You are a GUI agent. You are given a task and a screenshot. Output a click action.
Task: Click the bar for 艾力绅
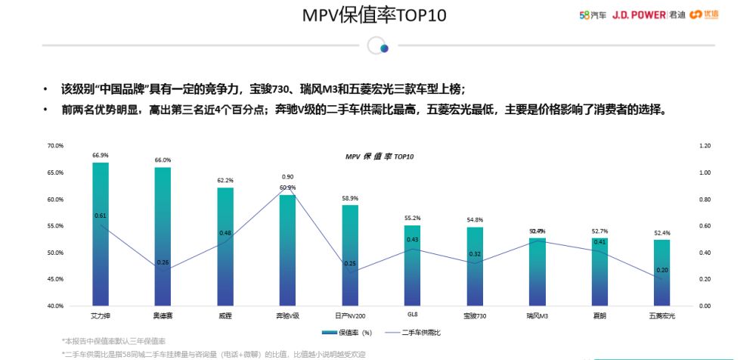pos(101,234)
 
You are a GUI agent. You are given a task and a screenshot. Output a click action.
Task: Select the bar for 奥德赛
pos(163,237)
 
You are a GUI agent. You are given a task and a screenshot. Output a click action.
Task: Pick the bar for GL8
pos(412,265)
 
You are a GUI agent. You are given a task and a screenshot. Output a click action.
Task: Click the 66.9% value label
pos(101,155)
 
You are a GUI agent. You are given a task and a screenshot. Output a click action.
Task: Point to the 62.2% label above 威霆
pos(225,181)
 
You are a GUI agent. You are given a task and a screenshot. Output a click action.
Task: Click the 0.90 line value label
pos(287,176)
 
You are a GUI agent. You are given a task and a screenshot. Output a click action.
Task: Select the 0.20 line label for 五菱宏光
pos(662,270)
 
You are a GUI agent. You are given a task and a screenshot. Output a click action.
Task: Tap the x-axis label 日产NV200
pos(349,314)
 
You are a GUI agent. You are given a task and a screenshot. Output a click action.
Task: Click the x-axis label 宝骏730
pos(475,314)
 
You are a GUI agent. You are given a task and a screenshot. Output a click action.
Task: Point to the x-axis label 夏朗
pos(600,314)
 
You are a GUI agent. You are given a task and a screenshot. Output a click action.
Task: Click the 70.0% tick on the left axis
pos(56,145)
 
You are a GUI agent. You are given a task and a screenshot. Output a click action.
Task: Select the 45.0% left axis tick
pos(56,279)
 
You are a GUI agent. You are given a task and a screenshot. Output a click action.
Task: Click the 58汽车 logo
pos(592,14)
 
